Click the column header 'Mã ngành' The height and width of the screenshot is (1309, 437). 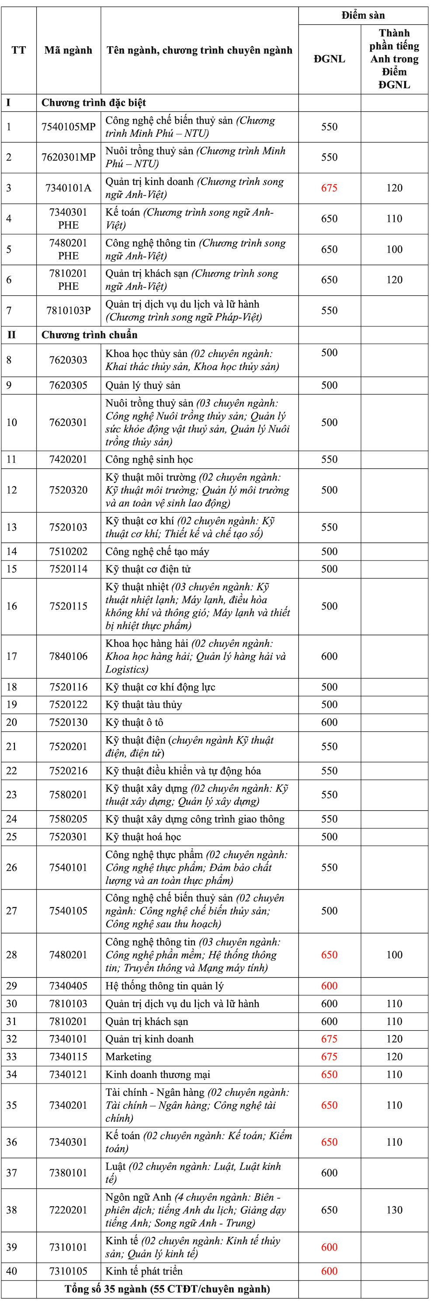click(x=68, y=50)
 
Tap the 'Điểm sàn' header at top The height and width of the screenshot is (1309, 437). click(x=363, y=15)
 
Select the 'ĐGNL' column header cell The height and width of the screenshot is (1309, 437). click(x=329, y=59)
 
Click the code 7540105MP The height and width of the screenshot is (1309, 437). click(x=68, y=127)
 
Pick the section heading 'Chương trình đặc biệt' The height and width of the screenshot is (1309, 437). click(x=94, y=103)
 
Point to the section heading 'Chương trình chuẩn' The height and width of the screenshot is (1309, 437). click(x=90, y=335)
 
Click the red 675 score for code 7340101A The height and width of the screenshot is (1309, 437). click(x=329, y=188)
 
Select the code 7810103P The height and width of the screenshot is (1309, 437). click(x=68, y=311)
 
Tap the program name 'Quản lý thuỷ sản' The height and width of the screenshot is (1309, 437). click(x=143, y=385)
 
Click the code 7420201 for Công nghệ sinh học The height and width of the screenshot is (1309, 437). click(x=68, y=459)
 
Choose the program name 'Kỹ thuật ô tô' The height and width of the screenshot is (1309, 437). click(x=134, y=722)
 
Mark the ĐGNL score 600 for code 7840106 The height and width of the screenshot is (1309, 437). click(x=329, y=657)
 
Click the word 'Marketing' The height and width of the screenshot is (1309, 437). click(x=128, y=1057)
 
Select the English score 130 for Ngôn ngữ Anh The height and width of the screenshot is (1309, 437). click(x=394, y=1210)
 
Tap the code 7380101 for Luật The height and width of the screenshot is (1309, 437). click(x=68, y=1173)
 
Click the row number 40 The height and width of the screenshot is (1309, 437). click(x=11, y=1271)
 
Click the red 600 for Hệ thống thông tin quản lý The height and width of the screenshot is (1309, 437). click(x=329, y=986)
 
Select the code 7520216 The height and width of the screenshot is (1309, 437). click(x=68, y=771)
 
